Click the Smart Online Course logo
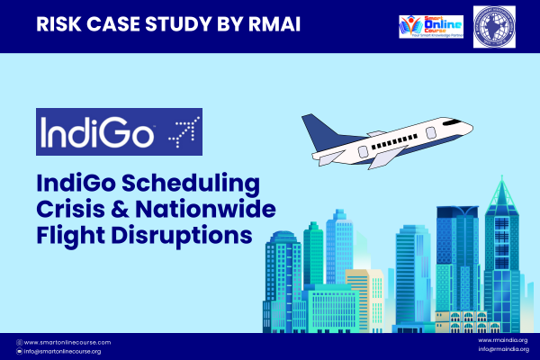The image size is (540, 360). (x=430, y=25)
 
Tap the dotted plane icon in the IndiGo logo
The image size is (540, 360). (x=182, y=131)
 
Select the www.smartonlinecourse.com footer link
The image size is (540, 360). (x=67, y=343)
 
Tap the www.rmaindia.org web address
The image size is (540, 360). (x=503, y=340)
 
